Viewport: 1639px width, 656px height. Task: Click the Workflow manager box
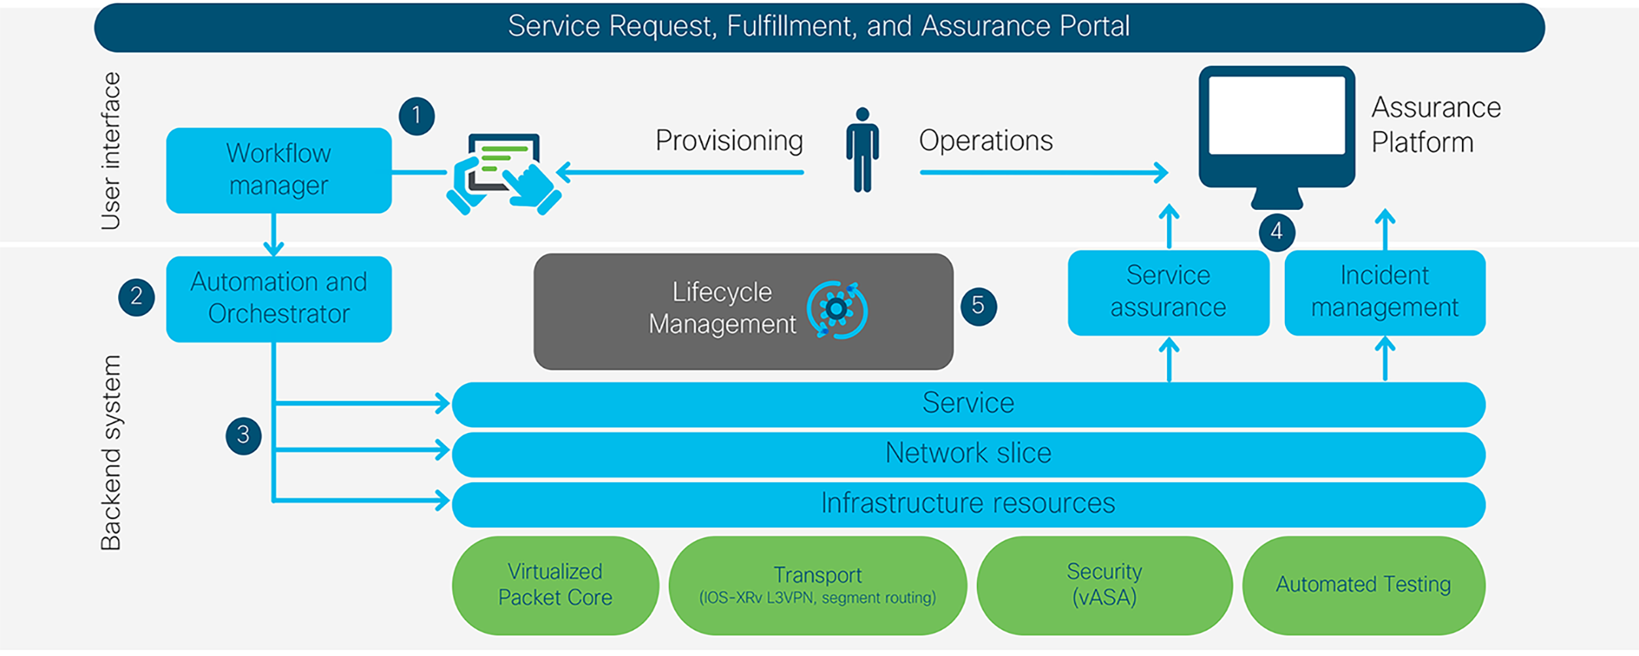[279, 171]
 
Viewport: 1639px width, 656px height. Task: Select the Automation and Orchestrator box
[279, 298]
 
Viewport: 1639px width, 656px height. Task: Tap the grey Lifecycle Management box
[743, 311]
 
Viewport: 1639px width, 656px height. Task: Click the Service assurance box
[1168, 293]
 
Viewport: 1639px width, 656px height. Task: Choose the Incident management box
[1385, 293]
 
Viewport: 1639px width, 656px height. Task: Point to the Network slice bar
[968, 454]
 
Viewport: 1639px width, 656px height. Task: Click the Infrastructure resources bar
[968, 504]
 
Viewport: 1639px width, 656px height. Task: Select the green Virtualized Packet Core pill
[555, 585]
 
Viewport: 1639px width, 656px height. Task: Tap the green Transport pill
[818, 585]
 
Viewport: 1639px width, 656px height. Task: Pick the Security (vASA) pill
[1104, 585]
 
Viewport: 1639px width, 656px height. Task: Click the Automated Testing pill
[1363, 585]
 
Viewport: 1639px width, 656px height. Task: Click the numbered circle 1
[416, 116]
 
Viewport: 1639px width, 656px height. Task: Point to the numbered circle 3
[243, 435]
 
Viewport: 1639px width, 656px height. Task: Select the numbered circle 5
[978, 306]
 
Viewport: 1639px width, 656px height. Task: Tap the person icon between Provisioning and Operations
[862, 151]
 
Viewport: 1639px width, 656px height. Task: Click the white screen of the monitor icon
[1276, 115]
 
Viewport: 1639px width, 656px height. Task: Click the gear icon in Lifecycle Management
[837, 310]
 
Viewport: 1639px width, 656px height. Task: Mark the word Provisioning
[729, 141]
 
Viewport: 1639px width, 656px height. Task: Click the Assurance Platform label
[1436, 125]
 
